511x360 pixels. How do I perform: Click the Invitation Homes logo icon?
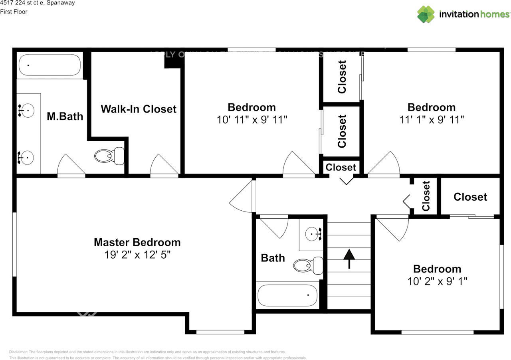click(426, 14)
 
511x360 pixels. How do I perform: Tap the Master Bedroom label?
click(137, 242)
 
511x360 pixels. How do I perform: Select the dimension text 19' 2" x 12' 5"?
click(137, 255)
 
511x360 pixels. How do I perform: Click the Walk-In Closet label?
click(139, 109)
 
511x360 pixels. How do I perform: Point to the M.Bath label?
click(65, 116)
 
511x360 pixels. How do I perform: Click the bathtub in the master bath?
click(50, 65)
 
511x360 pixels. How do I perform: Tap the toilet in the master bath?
click(110, 155)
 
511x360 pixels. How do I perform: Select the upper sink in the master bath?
click(27, 111)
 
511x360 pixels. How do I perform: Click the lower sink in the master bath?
click(27, 158)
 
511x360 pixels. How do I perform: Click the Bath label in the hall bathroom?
click(273, 258)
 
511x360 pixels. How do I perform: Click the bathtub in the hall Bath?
click(287, 295)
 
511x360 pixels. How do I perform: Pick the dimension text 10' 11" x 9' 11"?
click(252, 120)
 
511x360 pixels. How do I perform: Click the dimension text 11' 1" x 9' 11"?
click(432, 120)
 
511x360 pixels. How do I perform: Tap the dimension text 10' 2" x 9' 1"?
click(437, 281)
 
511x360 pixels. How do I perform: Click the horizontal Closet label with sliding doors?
click(470, 197)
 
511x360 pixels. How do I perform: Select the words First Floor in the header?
click(14, 12)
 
